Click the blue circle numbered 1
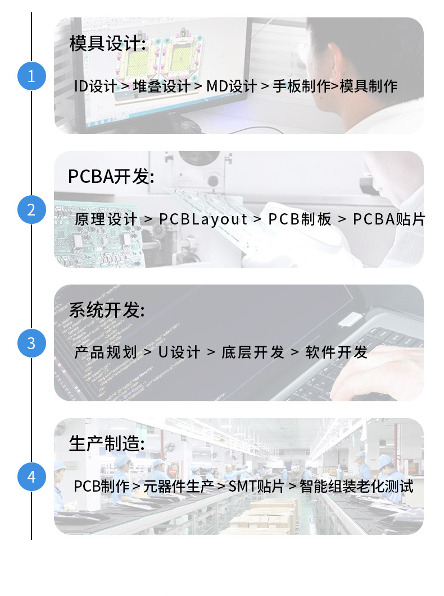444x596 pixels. pos(31,76)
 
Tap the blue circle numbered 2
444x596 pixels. pos(31,209)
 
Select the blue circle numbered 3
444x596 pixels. pos(31,343)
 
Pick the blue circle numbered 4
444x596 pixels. pos(31,476)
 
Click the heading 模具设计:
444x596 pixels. pos(108,43)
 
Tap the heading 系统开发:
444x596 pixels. pos(107,310)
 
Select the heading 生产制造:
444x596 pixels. pos(107,443)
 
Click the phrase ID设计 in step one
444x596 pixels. pos(95,86)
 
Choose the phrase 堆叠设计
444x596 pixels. pos(161,86)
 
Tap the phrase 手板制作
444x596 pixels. pos(301,86)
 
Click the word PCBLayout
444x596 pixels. pos(203,219)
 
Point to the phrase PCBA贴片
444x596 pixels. pos(389,219)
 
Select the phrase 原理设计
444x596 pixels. pos(106,219)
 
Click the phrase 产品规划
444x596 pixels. pos(106,352)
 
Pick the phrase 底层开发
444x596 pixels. pos(253,352)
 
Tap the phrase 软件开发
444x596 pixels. pos(336,352)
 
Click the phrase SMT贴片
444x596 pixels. pos(256,486)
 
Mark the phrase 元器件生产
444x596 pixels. pos(179,486)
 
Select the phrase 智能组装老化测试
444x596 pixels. pos(356,486)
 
